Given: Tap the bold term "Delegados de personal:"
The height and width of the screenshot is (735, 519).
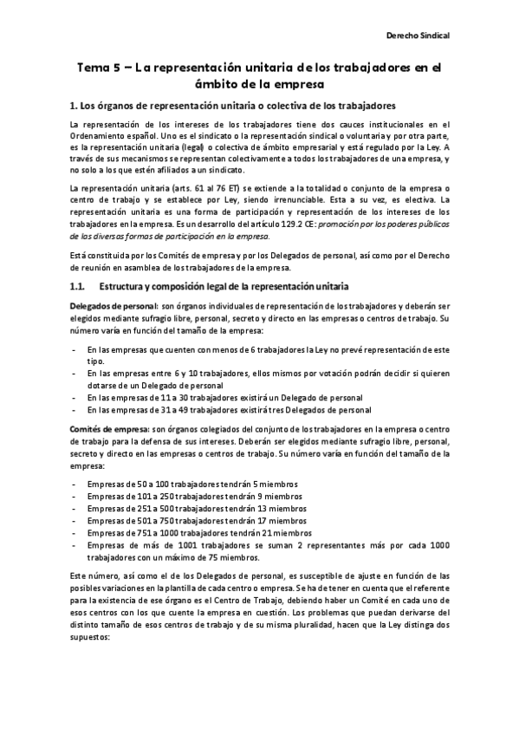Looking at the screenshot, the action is [x=104, y=307].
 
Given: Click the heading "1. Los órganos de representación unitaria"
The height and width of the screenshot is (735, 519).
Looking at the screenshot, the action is [x=232, y=106].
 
